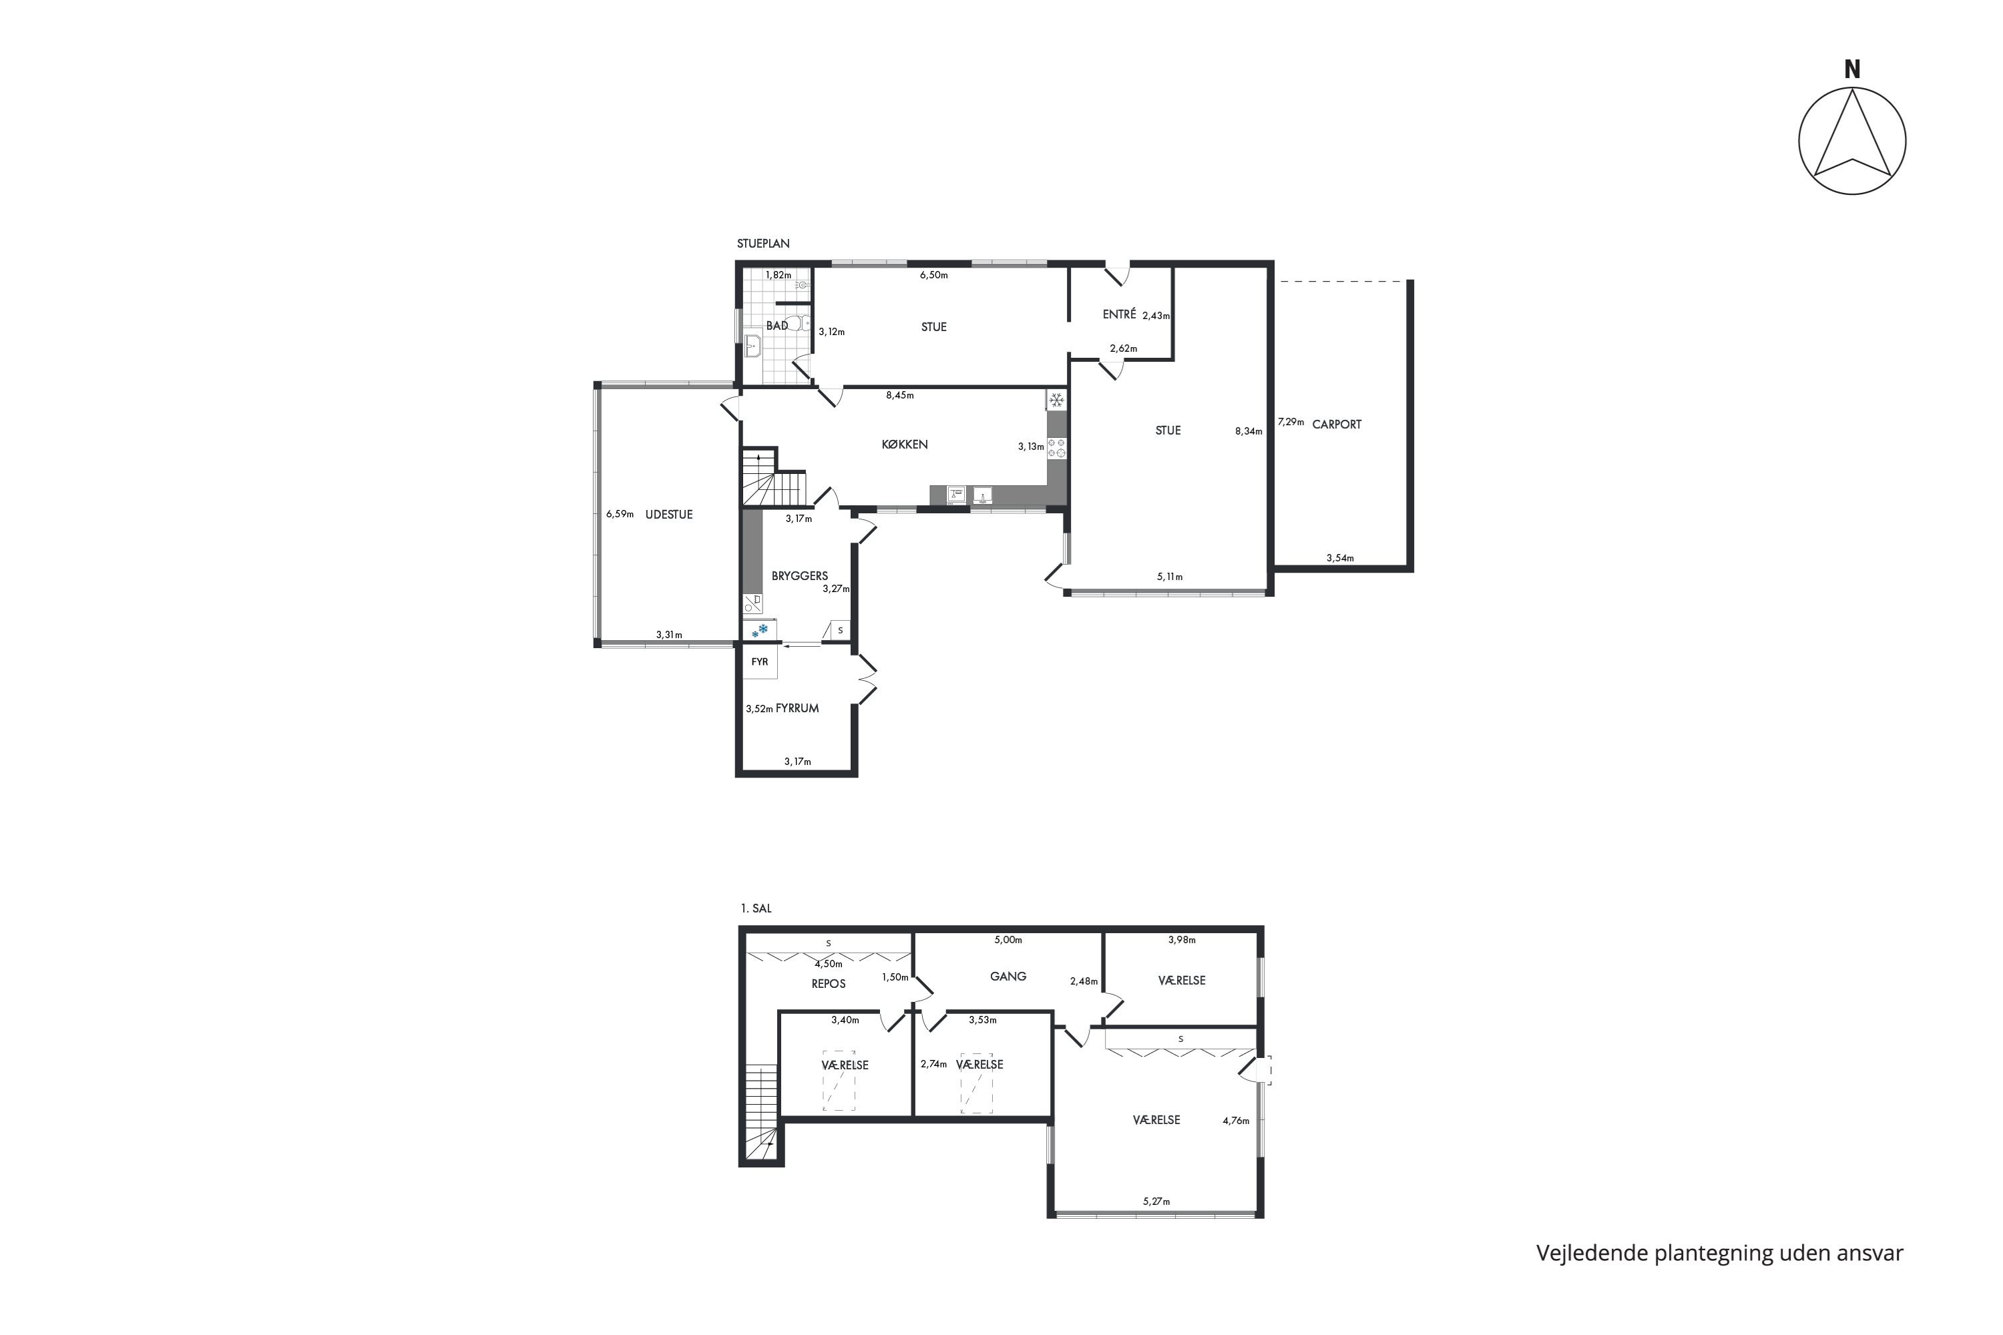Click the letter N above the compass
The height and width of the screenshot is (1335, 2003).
click(x=1852, y=70)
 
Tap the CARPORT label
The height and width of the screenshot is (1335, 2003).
click(x=1336, y=424)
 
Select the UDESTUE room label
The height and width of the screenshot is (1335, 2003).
click(x=668, y=514)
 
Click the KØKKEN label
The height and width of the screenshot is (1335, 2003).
click(x=905, y=445)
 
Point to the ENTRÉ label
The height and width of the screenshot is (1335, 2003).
click(x=1119, y=314)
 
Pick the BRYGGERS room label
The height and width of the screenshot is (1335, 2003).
click(x=800, y=575)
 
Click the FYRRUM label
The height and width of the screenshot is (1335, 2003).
click(x=797, y=708)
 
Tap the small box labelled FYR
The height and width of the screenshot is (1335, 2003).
click(x=760, y=662)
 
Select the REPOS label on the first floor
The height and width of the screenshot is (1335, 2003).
click(x=829, y=983)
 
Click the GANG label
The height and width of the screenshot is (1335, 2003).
click(x=1008, y=977)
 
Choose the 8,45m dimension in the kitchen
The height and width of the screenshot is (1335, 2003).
click(x=899, y=395)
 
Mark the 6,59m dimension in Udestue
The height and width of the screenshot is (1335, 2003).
click(x=620, y=514)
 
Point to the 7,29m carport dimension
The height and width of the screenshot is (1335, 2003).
click(x=1291, y=421)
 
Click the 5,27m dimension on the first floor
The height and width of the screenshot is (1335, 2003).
click(x=1156, y=1202)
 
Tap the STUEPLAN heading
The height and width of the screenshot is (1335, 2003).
click(x=763, y=244)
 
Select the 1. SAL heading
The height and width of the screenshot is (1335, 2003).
click(x=756, y=908)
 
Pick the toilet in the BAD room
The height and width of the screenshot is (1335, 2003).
click(x=797, y=322)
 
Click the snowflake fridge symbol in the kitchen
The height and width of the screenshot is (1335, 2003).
click(x=1057, y=399)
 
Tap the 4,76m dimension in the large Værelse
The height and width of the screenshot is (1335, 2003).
click(x=1236, y=1121)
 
